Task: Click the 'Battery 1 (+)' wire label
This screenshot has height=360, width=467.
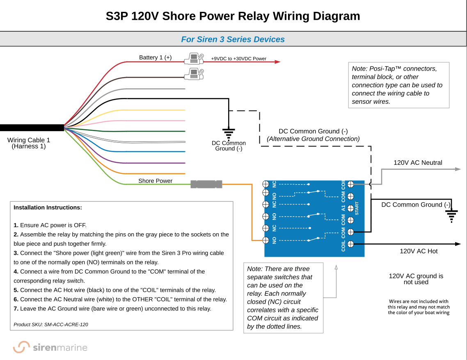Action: (x=155, y=57)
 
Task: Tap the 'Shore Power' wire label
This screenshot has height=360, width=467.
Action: (x=155, y=181)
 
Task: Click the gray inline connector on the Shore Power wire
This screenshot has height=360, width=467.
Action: (x=206, y=185)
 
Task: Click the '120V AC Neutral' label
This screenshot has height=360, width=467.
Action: (x=418, y=163)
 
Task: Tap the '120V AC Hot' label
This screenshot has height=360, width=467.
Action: (x=419, y=251)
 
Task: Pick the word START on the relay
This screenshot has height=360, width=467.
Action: (x=357, y=208)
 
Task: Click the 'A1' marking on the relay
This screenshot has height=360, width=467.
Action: (x=343, y=208)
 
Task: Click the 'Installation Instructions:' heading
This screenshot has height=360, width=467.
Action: (x=48, y=207)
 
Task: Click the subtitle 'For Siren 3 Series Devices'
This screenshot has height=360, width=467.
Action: (x=233, y=39)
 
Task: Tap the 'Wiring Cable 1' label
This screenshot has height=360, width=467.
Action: (x=29, y=140)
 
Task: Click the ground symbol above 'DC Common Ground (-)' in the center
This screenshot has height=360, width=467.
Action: (x=229, y=133)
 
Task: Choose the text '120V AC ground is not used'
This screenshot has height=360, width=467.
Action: (x=416, y=279)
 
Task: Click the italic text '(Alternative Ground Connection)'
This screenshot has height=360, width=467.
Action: (x=313, y=139)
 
